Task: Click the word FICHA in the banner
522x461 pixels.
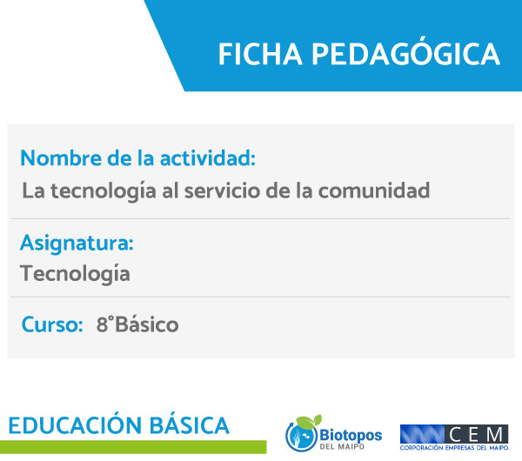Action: [260, 54]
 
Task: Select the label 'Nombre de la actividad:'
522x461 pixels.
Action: [137, 157]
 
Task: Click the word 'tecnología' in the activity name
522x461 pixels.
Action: [104, 191]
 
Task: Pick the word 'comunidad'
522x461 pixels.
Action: [374, 190]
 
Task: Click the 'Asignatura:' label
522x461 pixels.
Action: [77, 244]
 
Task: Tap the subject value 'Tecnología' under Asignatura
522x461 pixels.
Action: [75, 274]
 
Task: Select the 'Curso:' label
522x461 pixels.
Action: [52, 324]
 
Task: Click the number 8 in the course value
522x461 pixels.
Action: [102, 324]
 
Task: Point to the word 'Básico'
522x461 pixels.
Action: [146, 324]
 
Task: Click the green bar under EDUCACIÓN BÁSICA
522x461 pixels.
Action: [133, 447]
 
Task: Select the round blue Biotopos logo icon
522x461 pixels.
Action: [301, 435]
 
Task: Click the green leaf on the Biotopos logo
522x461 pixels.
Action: [309, 421]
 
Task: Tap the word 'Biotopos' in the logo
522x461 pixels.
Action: [351, 435]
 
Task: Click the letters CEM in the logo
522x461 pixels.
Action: [476, 434]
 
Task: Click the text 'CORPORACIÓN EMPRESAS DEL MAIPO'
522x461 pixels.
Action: [454, 448]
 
